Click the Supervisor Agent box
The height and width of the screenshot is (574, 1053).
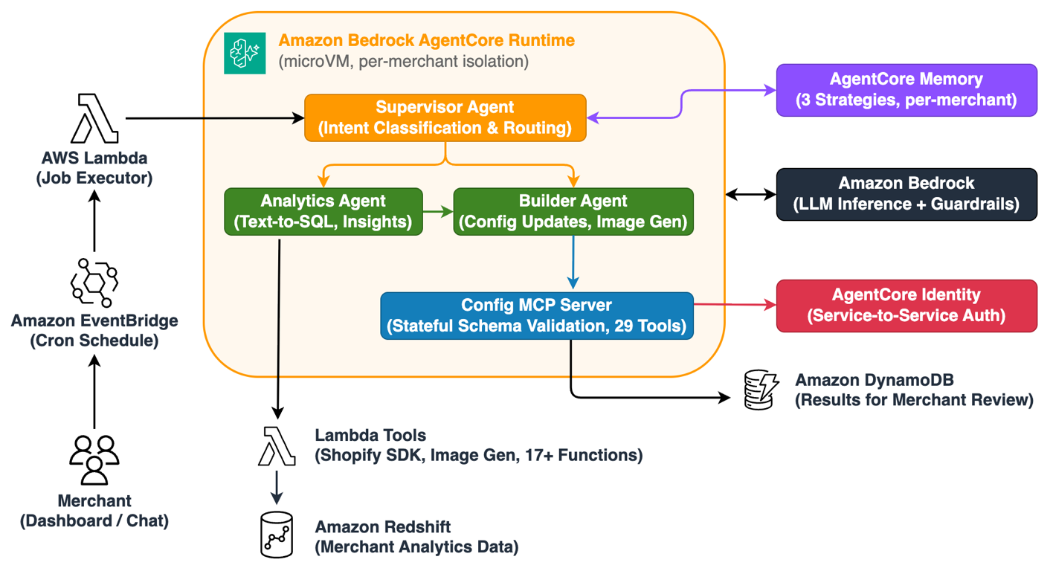click(445, 117)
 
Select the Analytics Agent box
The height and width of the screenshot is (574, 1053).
click(323, 212)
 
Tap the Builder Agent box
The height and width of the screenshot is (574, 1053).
click(573, 212)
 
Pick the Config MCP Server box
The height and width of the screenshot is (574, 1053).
click(537, 315)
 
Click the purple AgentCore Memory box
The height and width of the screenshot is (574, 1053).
click(907, 90)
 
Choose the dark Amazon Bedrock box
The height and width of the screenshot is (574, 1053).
click(907, 194)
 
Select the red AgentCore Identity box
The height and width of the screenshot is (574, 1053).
click(907, 306)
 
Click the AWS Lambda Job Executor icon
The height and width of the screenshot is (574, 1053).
click(94, 118)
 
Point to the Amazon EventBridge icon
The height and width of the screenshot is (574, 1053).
click(94, 283)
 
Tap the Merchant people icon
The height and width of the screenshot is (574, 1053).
click(94, 460)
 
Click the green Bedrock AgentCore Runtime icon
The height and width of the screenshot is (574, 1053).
click(245, 53)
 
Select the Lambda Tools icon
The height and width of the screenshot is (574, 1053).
click(277, 446)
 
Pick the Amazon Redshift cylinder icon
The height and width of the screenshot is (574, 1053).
click(277, 535)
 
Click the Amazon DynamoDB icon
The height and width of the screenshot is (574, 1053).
click(761, 390)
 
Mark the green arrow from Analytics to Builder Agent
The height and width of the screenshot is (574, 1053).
click(438, 212)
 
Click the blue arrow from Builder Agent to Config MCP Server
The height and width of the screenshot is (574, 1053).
click(573, 262)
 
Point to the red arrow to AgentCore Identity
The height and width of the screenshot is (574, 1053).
click(735, 305)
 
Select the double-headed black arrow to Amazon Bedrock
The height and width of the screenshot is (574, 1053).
click(751, 194)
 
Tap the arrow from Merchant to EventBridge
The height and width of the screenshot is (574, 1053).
click(94, 392)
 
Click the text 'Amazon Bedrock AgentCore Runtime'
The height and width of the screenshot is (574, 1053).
click(426, 40)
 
